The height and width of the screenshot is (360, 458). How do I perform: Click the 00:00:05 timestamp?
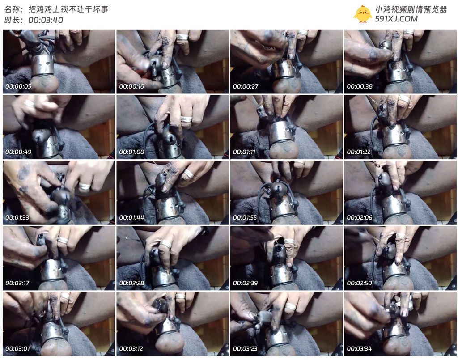pyautogui.click(x=18, y=86)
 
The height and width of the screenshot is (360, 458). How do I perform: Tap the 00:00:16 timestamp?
pyautogui.click(x=132, y=86)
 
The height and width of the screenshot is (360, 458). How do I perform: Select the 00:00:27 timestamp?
pyautogui.click(x=246, y=86)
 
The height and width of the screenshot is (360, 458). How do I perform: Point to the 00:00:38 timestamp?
pyautogui.click(x=360, y=86)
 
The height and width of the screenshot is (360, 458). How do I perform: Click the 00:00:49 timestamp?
pyautogui.click(x=18, y=152)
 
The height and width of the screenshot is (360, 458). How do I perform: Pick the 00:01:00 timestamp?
pyautogui.click(x=132, y=152)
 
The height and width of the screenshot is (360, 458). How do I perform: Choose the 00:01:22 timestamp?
pyautogui.click(x=359, y=152)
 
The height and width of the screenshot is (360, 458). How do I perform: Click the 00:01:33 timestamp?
pyautogui.click(x=17, y=217)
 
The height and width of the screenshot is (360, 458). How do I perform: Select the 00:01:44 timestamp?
pyautogui.click(x=132, y=217)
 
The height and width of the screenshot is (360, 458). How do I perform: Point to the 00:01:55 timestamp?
pyautogui.click(x=245, y=217)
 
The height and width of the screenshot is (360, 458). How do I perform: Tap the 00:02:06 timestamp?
pyautogui.click(x=360, y=217)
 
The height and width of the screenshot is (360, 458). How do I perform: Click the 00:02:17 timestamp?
pyautogui.click(x=17, y=283)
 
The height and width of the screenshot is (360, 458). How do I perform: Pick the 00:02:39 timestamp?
pyautogui.click(x=246, y=283)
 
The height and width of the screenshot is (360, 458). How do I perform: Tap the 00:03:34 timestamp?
pyautogui.click(x=360, y=349)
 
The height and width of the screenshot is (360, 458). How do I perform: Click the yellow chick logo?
pyautogui.click(x=362, y=14)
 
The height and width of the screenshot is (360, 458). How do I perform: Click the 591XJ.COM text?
pyautogui.click(x=396, y=19)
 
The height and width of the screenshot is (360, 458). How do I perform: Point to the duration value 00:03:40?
pyautogui.click(x=46, y=20)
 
